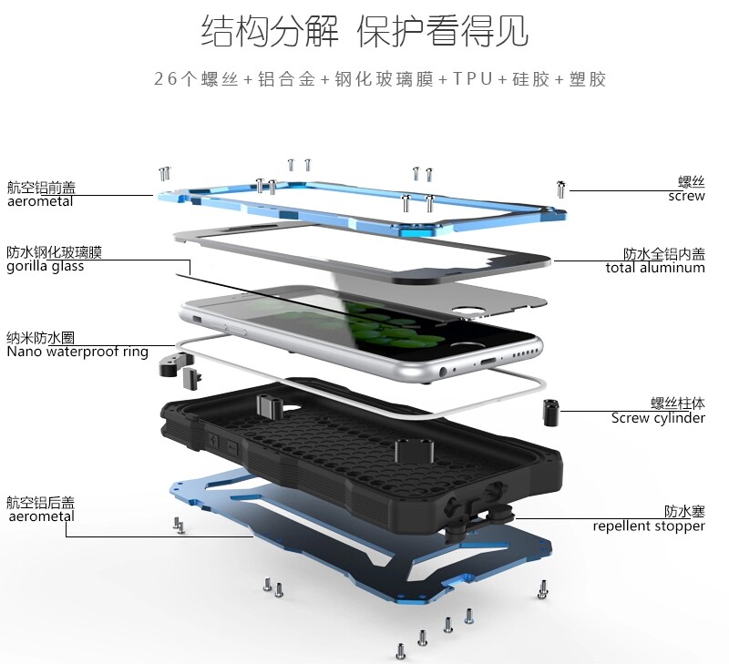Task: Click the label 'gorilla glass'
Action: click(46, 266)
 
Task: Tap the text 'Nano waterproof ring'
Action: click(77, 351)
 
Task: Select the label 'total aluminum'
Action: click(655, 268)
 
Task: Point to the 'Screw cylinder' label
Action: click(658, 418)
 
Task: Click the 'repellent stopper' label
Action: click(649, 526)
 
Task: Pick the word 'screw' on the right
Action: click(686, 196)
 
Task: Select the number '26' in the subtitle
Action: click(164, 79)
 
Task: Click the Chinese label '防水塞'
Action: click(684, 512)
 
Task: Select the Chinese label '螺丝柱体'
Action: click(678, 404)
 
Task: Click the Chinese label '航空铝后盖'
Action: click(41, 502)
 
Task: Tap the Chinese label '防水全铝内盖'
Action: click(664, 253)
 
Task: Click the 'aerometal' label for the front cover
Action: click(40, 201)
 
